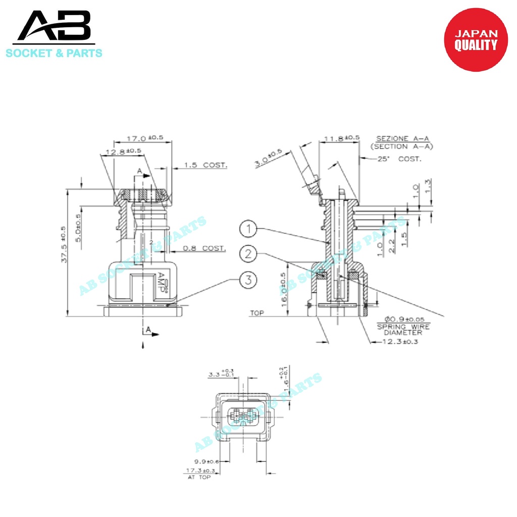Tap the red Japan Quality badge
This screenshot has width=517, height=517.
point(476,40)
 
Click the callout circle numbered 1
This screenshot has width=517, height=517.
point(248,230)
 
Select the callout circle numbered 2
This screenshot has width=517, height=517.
point(248,254)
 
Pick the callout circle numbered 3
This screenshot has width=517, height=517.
point(248,279)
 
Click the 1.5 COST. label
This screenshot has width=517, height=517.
point(205,165)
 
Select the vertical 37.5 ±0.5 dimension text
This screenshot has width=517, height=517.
point(63,244)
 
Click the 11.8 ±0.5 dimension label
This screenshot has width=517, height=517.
point(342,138)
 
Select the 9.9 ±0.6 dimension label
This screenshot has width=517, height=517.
point(206,461)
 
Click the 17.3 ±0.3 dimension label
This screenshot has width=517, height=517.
point(201,471)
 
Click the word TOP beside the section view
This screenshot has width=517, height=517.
point(257,314)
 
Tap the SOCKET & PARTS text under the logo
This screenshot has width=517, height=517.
point(54,53)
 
